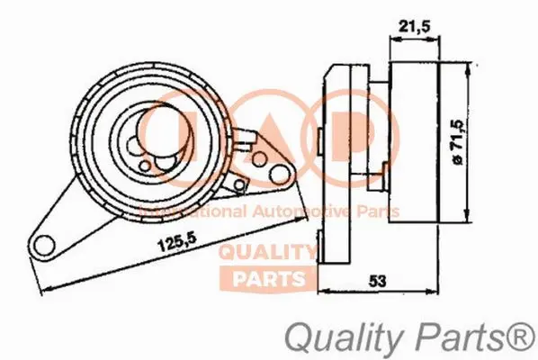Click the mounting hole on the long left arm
click(x=42, y=243)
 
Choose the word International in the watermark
click(x=175, y=211)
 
